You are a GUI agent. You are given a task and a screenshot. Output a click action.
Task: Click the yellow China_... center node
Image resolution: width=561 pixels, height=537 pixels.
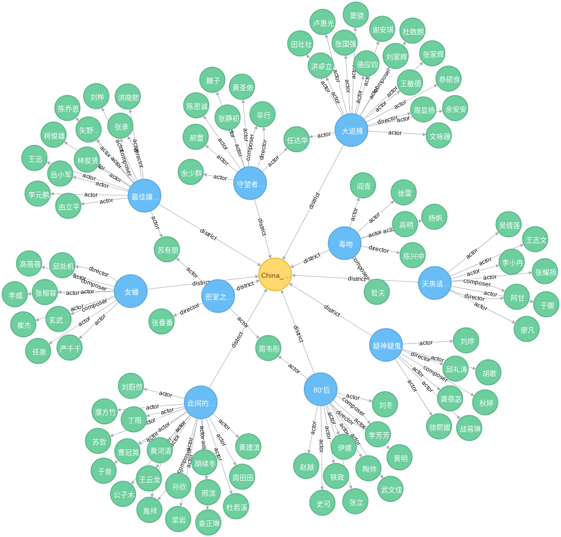point(275,275)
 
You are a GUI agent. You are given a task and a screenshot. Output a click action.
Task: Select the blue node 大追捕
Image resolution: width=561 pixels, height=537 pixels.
point(351,130)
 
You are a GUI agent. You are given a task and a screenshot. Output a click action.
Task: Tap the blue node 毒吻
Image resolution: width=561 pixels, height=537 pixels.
point(345,243)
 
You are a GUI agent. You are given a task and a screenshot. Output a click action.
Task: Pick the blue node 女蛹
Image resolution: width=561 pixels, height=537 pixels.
point(131,291)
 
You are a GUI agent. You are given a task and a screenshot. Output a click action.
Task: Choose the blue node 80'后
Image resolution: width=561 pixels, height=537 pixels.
point(321,389)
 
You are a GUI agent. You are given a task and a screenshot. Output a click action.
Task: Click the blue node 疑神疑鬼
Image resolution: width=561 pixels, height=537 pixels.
point(386,345)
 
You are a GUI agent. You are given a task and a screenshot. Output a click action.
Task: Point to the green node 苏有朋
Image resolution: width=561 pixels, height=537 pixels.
point(167,250)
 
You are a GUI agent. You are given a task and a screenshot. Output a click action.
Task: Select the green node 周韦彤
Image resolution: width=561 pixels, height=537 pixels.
point(268,348)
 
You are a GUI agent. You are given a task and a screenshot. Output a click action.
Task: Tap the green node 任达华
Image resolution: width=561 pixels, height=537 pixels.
point(296,139)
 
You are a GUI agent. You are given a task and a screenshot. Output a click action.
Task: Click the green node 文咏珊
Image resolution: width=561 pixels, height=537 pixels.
point(439,135)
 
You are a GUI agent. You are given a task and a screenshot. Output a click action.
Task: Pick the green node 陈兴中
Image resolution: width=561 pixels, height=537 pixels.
point(413,255)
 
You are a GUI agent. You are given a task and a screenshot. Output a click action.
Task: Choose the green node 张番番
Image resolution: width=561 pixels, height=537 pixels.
point(162,322)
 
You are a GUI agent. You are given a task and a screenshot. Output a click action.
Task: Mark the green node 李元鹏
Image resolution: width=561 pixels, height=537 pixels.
point(38,194)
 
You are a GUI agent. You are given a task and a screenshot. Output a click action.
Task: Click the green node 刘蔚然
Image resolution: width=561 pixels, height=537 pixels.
point(131,386)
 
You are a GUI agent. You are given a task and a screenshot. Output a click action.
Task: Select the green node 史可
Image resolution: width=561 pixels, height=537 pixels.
point(323,502)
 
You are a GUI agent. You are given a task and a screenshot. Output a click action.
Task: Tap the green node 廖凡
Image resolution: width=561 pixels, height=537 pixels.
point(527,329)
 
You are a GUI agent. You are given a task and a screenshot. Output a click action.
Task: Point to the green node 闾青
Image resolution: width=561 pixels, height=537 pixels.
point(363,185)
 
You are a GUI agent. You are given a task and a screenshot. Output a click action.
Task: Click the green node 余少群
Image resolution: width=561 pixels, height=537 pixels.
point(191,172)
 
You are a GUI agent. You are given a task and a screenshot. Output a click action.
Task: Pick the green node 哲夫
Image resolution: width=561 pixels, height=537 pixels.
point(378,292)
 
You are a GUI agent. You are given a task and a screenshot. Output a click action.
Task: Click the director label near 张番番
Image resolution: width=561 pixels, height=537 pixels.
point(190,309)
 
